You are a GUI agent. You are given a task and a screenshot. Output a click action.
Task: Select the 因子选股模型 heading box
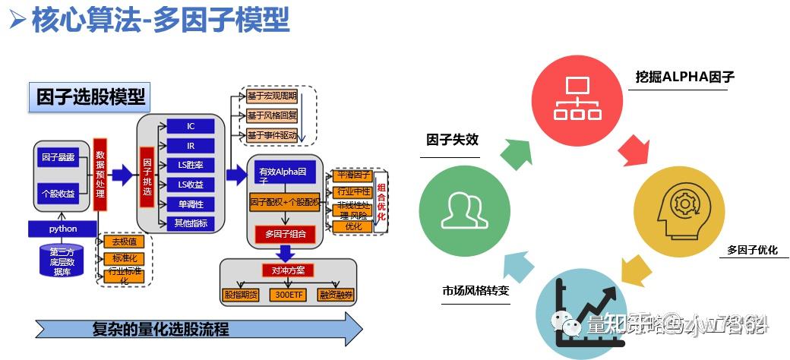pyautogui.click(x=90, y=97)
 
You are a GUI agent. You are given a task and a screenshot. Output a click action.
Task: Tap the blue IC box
pyautogui.click(x=191, y=126)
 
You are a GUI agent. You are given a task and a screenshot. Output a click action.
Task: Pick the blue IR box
pyautogui.click(x=191, y=145)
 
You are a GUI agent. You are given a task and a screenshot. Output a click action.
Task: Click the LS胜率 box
pyautogui.click(x=191, y=165)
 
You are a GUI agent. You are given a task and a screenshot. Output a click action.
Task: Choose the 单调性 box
pyautogui.click(x=191, y=204)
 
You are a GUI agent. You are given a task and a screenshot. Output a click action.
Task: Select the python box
pyautogui.click(x=63, y=229)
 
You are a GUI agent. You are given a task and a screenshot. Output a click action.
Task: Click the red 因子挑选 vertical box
pyautogui.click(x=147, y=175)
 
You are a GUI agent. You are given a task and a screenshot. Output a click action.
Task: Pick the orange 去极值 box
pyautogui.click(x=124, y=242)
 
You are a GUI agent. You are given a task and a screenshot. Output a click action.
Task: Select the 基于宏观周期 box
pyautogui.click(x=271, y=96)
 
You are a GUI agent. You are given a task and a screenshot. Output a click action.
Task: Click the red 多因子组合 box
pyautogui.click(x=285, y=233)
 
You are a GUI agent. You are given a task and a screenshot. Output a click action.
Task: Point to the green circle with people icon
pyautogui.click(x=465, y=208)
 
